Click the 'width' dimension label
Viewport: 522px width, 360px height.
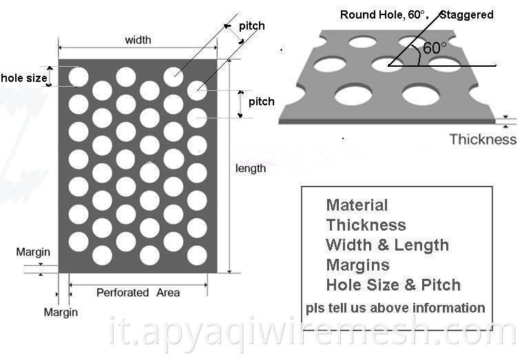point(138,40)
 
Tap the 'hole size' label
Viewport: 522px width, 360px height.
point(24,78)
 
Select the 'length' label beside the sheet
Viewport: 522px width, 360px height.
point(251,169)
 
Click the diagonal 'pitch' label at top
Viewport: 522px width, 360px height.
point(251,26)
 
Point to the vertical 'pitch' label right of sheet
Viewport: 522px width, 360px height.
point(261,101)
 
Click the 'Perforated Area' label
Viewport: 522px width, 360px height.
point(138,293)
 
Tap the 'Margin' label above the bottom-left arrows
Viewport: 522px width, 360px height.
point(33,252)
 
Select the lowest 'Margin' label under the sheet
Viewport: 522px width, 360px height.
point(61,313)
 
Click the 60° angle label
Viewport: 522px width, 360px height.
point(435,48)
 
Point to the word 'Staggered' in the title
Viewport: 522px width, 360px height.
point(467,14)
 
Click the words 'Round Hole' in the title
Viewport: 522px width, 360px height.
point(371,15)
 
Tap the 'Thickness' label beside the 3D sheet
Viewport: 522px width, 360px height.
point(483,139)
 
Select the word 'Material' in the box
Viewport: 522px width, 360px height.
point(357,205)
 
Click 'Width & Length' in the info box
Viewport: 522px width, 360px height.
point(388,245)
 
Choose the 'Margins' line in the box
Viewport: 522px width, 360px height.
point(357,265)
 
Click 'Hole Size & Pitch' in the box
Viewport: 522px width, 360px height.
point(393,285)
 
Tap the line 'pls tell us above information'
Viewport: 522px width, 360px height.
point(395,308)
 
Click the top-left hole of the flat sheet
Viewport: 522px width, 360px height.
point(79,77)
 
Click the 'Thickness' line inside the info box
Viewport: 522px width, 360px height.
point(366,225)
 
